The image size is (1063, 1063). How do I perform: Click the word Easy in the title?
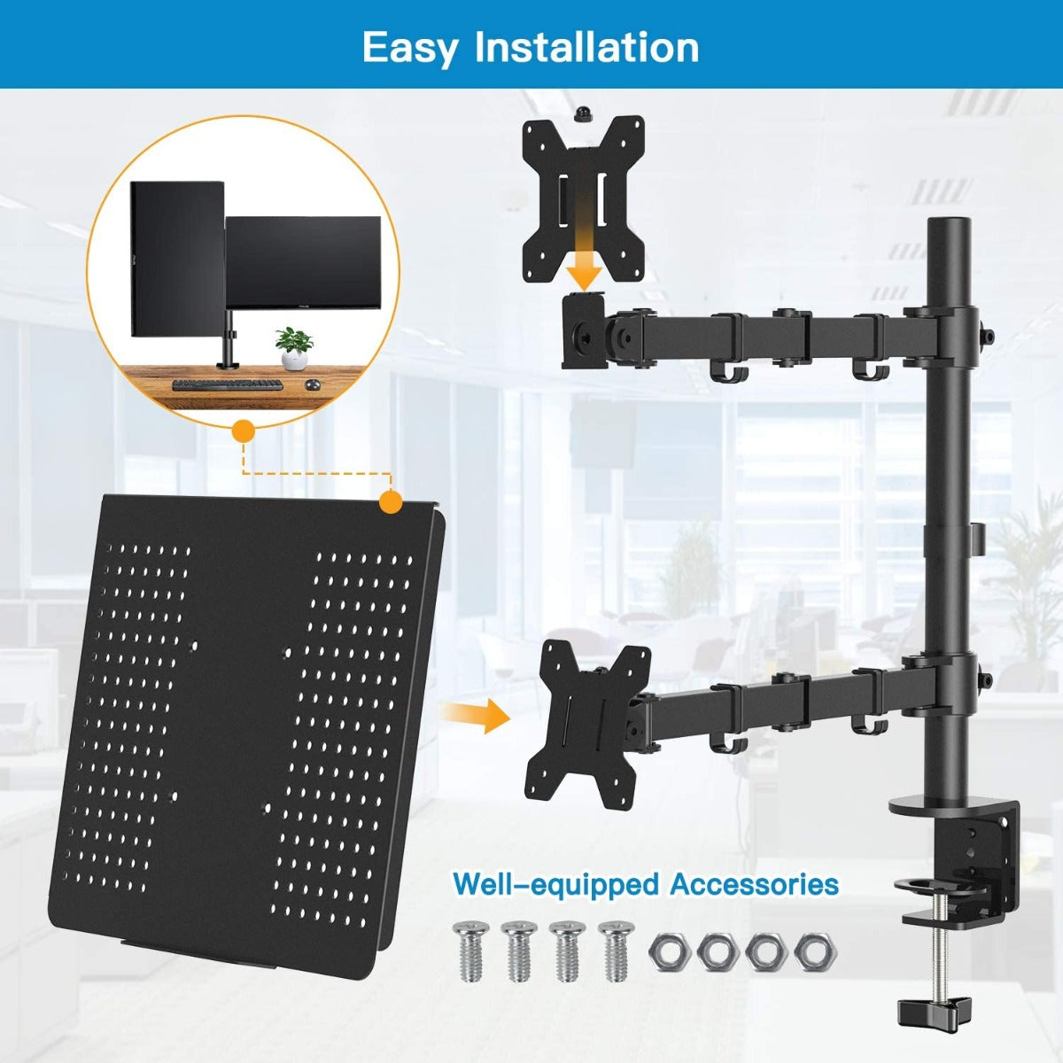409,46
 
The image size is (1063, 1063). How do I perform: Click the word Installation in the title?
587,46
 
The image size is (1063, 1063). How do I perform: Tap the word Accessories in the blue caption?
754,883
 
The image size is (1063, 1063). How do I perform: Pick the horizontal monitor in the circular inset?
304,264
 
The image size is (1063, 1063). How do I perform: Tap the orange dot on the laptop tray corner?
390,502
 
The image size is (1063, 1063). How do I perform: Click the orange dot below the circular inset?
242,431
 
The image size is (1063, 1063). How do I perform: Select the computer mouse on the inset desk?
312,385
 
